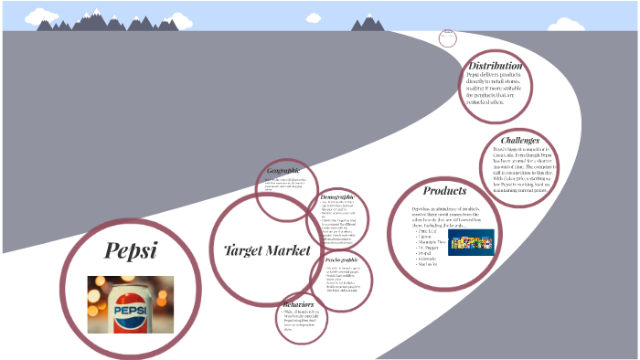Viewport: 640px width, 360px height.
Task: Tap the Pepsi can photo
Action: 130,304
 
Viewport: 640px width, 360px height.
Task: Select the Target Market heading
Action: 267,249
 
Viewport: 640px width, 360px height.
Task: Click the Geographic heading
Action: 283,172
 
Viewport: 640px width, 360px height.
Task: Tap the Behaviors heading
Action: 299,304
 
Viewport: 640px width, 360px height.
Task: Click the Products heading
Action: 444,191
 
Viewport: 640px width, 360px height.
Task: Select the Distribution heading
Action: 495,66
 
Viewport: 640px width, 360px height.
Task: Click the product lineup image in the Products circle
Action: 471,241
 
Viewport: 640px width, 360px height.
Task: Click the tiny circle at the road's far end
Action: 448,37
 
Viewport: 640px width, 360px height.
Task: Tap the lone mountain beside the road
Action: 368,23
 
